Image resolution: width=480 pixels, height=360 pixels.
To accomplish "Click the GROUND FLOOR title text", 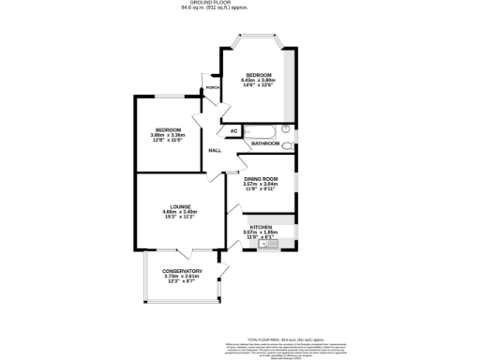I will [239, 4].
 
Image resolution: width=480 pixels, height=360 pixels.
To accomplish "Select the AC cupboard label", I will [233, 130].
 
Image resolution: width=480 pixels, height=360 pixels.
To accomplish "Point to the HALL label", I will [215, 150].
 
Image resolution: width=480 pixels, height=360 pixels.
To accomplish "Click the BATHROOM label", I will [264, 143].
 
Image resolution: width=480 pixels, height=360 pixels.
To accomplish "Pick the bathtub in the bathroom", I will [261, 131].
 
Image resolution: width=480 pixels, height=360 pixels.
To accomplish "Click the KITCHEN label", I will [261, 227].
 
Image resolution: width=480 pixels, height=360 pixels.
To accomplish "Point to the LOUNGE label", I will [181, 206].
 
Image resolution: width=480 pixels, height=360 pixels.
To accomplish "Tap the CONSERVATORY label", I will [182, 271].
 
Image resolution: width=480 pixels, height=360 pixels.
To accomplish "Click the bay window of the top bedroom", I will [259, 39].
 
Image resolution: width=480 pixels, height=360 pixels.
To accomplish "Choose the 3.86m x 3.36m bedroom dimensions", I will [168, 134].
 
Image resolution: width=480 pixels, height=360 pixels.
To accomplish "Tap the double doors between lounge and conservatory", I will [184, 251].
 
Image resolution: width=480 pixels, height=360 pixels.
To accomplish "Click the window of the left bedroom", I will [169, 96].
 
